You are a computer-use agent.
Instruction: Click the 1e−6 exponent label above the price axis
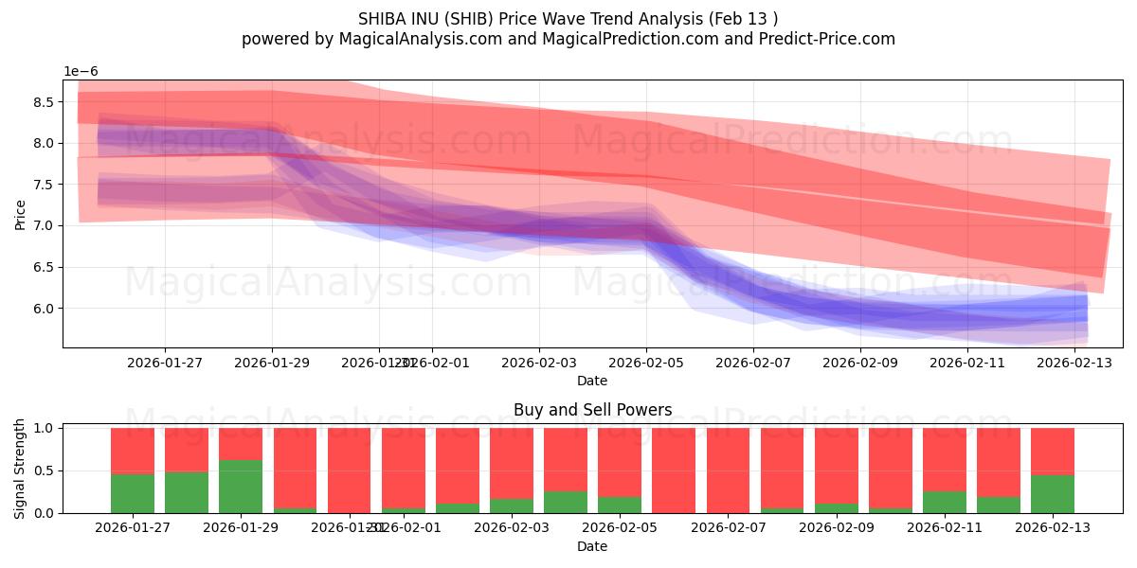coord(81,72)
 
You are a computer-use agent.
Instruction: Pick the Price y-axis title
coord(20,214)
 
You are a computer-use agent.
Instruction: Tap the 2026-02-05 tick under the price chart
coord(646,362)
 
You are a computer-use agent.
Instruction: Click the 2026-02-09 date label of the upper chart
coord(860,362)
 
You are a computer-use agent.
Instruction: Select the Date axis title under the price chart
coord(592,381)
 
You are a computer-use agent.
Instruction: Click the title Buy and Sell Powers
coord(592,410)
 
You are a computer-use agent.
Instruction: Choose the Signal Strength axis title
coord(20,469)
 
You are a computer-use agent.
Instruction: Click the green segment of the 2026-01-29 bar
coord(241,487)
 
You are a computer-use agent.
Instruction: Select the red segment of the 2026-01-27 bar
coord(133,451)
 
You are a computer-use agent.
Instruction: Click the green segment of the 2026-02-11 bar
coord(945,502)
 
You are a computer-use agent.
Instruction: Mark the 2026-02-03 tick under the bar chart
coord(538,527)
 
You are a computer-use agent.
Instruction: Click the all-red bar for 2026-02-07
coord(728,470)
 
